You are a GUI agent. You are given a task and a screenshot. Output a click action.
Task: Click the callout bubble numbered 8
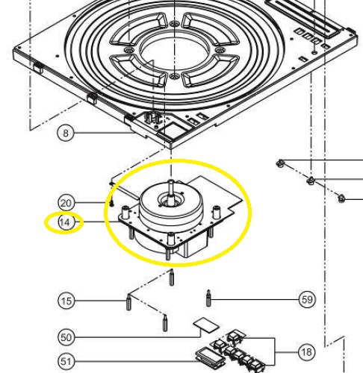(65, 133)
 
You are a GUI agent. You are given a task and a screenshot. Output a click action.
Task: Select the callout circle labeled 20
(66, 203)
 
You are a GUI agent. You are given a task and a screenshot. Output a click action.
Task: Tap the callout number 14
(65, 222)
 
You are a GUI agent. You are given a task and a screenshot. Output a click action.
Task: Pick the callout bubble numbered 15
(66, 301)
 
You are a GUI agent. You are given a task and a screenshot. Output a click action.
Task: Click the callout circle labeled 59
(307, 300)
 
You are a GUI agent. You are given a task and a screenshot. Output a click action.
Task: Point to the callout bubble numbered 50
(66, 337)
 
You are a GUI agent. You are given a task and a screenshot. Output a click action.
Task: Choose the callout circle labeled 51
(66, 361)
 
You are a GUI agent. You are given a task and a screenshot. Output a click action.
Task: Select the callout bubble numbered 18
(306, 352)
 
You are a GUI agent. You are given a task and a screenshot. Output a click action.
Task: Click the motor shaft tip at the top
(171, 181)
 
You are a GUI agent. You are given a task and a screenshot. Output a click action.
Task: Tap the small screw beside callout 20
(111, 203)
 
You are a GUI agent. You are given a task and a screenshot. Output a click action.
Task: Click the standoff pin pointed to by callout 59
(208, 298)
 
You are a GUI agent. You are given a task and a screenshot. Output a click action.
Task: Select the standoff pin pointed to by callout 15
(128, 302)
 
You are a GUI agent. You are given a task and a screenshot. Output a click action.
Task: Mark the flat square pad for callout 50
(206, 325)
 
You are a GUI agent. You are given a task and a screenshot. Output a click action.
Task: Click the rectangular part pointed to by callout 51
(208, 356)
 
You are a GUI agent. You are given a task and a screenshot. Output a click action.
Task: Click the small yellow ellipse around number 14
(63, 223)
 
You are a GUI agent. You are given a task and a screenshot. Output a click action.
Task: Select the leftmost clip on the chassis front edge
(38, 68)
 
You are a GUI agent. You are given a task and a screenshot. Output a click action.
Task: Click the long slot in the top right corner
(303, 17)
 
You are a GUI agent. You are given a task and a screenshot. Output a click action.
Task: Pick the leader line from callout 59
(255, 299)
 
